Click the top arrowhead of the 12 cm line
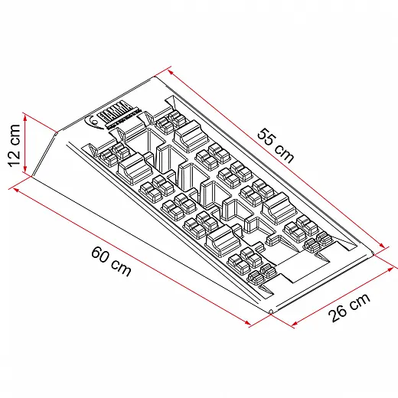[26, 117]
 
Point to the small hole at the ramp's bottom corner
[271, 311]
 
